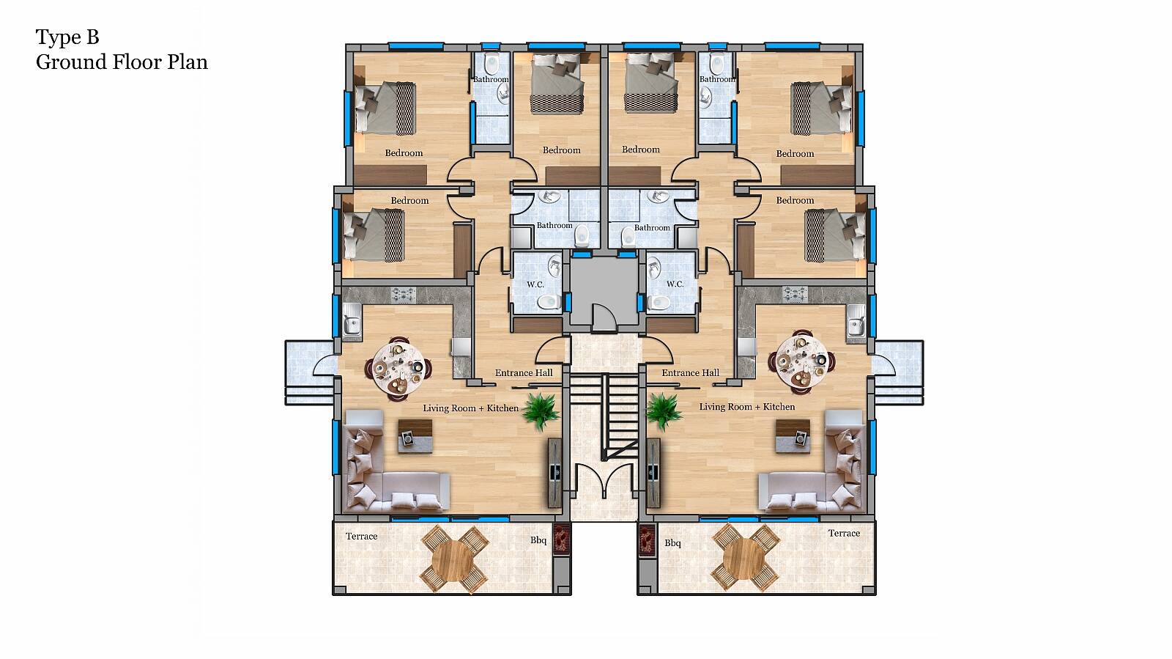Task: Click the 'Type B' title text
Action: point(67,37)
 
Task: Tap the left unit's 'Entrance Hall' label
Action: point(524,372)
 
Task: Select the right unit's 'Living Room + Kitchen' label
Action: point(746,407)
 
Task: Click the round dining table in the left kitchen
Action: point(398,367)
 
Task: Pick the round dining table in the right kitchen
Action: point(801,361)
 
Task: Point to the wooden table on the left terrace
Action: point(454,560)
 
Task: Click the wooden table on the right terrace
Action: point(744,558)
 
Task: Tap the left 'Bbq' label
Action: point(538,540)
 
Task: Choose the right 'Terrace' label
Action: point(844,533)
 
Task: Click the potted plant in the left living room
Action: point(541,411)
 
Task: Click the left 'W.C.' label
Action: point(535,284)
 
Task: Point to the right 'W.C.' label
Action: point(675,284)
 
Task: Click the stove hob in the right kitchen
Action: point(795,294)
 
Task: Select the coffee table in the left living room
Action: point(415,435)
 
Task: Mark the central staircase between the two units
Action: point(604,416)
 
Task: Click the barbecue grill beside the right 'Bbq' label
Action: point(648,540)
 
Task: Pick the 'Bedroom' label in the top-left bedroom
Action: point(404,153)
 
